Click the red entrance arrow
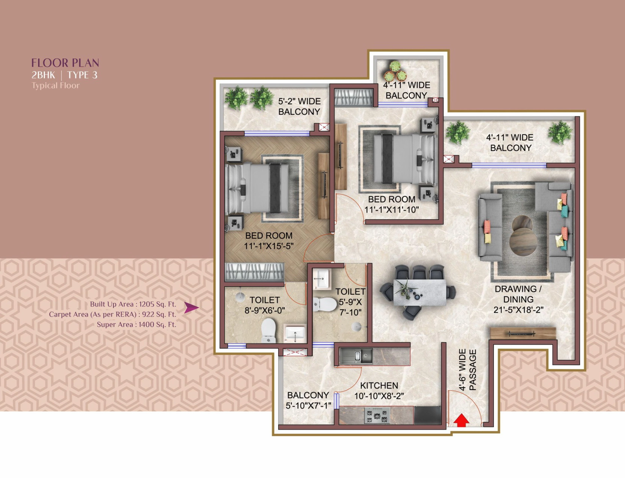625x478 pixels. coord(461,421)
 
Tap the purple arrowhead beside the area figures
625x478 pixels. coord(191,307)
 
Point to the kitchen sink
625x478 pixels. coord(356,356)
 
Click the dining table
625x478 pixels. coord(420,292)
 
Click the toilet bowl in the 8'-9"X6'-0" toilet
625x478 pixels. coord(268,330)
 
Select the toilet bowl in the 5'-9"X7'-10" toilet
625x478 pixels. coord(325,304)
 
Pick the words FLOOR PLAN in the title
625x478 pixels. coord(65,63)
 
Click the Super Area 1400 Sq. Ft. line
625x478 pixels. coord(136,324)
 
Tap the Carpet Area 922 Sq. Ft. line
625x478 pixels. coord(112,314)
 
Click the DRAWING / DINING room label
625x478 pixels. coord(518,294)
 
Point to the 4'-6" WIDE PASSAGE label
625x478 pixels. coord(467,370)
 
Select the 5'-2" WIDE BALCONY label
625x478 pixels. coord(299,106)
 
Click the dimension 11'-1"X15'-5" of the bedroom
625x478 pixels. coord(268,246)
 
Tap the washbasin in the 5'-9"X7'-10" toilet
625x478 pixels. coord(321,279)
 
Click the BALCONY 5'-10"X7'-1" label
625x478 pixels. coord(308,400)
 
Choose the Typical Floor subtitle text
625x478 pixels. coord(55,85)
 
